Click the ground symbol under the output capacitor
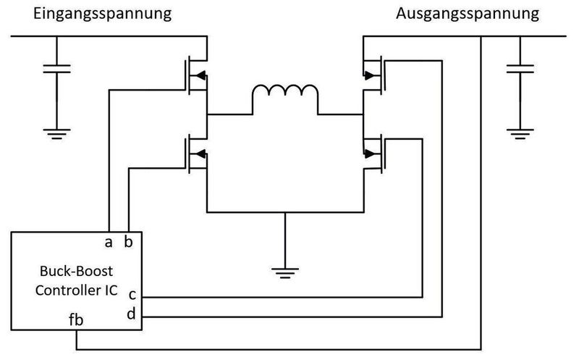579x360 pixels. tap(520, 132)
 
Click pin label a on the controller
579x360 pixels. tap(108, 241)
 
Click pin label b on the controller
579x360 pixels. tap(128, 241)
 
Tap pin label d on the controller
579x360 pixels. tap(132, 314)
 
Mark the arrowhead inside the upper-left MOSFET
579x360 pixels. tap(200, 74)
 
